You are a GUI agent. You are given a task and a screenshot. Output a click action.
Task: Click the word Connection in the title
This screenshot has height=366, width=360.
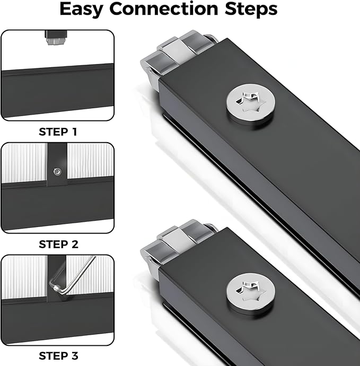pyautogui.click(x=163, y=9)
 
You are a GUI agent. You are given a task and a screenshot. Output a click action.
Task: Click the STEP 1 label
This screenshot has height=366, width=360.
pyautogui.click(x=58, y=132)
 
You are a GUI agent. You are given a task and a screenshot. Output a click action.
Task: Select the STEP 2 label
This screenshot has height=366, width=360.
pyautogui.click(x=58, y=245)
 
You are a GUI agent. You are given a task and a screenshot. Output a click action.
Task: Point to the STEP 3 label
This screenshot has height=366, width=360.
pyautogui.click(x=58, y=356)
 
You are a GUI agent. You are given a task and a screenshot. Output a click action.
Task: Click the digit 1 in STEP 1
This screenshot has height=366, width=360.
pyautogui.click(x=74, y=132)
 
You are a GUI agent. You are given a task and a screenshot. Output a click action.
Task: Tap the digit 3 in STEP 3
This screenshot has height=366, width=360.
pyautogui.click(x=75, y=356)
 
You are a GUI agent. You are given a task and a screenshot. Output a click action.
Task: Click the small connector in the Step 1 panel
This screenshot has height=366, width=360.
pyautogui.click(x=57, y=37)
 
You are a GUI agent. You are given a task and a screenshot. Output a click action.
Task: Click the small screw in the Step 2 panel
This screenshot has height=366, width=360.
pyautogui.click(x=57, y=172)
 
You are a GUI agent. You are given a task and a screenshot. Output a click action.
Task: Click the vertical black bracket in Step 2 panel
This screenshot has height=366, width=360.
pyautogui.click(x=57, y=164)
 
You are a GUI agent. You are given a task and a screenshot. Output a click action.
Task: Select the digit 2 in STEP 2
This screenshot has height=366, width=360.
pyautogui.click(x=75, y=245)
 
